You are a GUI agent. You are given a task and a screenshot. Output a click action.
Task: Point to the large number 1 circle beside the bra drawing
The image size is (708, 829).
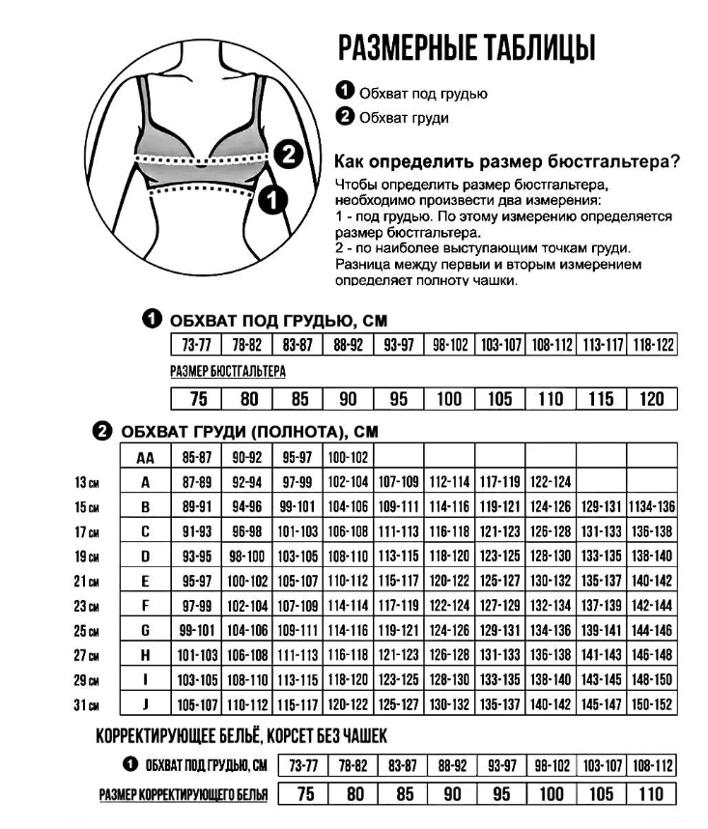click(274, 200)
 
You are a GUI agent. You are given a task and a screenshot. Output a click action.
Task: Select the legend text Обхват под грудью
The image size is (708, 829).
click(423, 94)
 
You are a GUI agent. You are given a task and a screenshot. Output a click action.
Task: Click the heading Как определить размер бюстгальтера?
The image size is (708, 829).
click(506, 160)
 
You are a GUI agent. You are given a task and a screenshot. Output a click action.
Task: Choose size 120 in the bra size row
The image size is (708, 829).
click(653, 399)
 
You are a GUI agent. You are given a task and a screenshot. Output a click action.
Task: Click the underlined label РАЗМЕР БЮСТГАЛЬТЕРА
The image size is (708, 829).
click(228, 371)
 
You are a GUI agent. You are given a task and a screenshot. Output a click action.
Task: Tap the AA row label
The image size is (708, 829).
click(146, 457)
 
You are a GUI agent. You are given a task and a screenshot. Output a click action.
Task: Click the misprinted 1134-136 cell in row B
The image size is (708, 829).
click(652, 506)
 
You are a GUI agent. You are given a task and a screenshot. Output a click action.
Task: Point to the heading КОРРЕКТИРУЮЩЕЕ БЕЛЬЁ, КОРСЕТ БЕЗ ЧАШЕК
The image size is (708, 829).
click(241, 737)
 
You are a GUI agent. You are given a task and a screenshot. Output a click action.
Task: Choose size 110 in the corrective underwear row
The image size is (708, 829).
click(652, 794)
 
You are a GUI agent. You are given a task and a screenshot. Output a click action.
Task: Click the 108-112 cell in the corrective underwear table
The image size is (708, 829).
click(652, 766)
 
